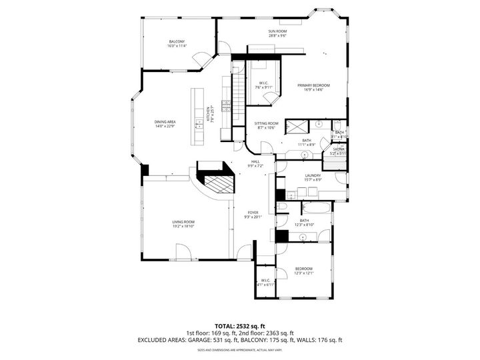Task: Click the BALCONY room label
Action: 177,41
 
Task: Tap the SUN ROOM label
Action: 277,31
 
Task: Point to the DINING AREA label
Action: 165,121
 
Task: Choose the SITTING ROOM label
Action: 265,123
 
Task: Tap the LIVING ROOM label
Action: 183,222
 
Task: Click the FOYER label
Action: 253,212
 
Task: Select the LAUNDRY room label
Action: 313,176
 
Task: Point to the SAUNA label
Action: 339,149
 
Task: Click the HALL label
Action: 255,161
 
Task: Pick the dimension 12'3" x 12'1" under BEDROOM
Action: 304,273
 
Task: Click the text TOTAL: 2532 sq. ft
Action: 239,325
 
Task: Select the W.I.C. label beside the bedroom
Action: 265,280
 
